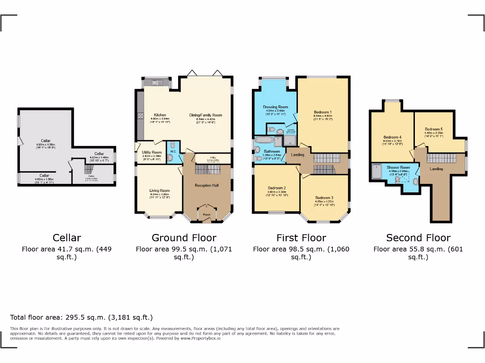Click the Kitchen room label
pyautogui.click(x=160, y=115)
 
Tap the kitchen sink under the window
pyautogui.click(x=157, y=83)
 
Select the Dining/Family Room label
pyautogui.click(x=206, y=115)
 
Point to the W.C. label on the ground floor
pyautogui.click(x=173, y=152)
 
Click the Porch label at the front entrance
pyautogui.click(x=207, y=215)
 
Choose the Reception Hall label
pyautogui.click(x=207, y=185)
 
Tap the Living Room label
pyautogui.click(x=160, y=190)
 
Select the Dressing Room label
pyautogui.click(x=275, y=107)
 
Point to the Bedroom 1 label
pyautogui.click(x=323, y=112)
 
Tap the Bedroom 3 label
pyautogui.click(x=324, y=198)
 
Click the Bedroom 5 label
pyautogui.click(x=433, y=129)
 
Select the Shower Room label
pyautogui.click(x=398, y=167)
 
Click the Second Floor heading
pyautogui.click(x=418, y=238)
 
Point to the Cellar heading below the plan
pyautogui.click(x=67, y=238)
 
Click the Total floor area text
pyautogui.click(x=81, y=318)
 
